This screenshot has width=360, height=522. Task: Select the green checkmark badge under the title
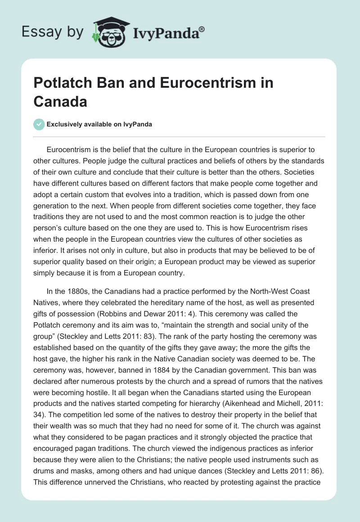[x=39, y=124]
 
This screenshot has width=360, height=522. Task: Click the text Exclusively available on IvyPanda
[x=99, y=125]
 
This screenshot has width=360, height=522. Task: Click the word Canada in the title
[x=60, y=102]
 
